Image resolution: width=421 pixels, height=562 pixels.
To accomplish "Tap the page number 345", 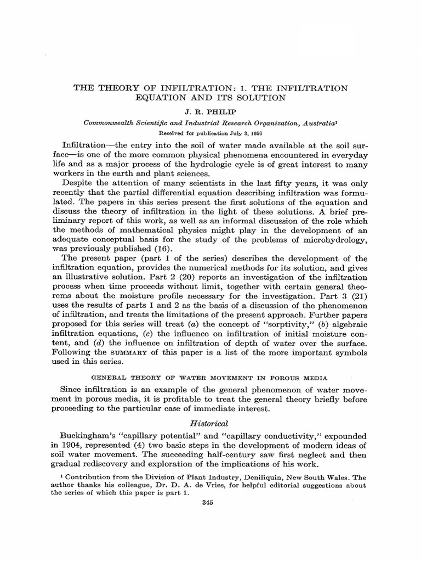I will tap(210, 504).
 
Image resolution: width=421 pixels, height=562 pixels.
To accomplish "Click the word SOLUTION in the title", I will tap(258, 98).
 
